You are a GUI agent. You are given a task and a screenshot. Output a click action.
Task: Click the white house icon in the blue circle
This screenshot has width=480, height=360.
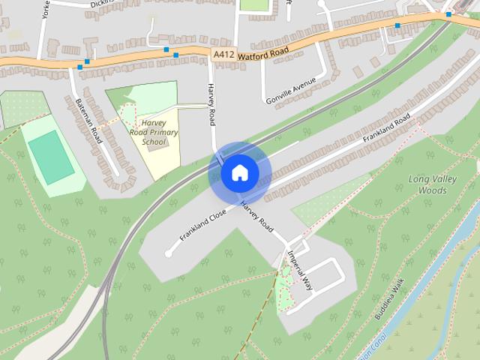pos(239,173)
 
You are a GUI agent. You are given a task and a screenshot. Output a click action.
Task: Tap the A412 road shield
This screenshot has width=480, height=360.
pos(223,55)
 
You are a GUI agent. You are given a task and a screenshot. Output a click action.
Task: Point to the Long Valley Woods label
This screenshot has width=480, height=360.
pos(428,184)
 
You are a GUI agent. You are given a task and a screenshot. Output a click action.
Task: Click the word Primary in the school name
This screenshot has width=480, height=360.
pos(160,132)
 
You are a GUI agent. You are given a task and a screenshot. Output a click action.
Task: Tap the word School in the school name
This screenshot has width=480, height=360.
pos(154,141)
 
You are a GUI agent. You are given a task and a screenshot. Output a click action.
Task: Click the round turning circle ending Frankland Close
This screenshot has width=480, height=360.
pos(168,253)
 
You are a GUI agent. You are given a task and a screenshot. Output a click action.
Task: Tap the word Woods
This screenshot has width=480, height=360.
pos(433,190)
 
